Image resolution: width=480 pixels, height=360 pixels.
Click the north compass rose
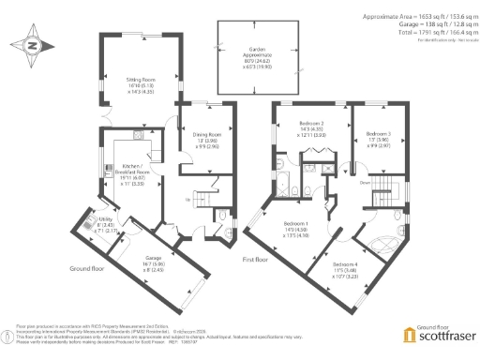pos(33,44)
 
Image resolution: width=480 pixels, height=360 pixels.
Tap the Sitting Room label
pos(141,87)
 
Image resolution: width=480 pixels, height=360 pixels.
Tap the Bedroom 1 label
pos(296,228)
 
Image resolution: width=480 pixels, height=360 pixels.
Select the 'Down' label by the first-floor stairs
pos(363,184)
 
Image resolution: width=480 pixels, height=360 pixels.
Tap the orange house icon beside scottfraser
pos(407,335)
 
